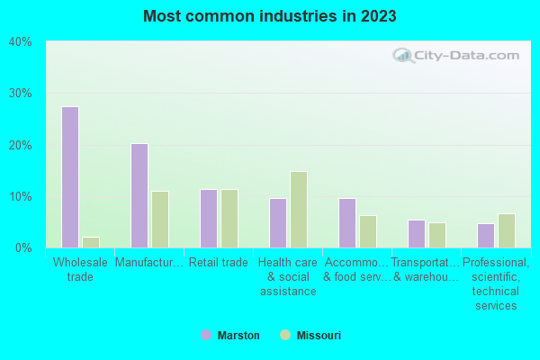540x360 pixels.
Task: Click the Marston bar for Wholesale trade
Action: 70,177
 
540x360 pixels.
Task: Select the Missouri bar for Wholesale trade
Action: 91,242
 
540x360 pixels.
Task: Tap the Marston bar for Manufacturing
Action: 139,195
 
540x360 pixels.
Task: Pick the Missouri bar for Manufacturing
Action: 160,219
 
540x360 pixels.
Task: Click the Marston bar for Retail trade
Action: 209,219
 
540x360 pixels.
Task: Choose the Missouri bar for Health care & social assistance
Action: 299,210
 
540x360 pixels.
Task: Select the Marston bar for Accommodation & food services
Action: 347,222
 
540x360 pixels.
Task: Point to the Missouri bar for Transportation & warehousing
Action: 437,235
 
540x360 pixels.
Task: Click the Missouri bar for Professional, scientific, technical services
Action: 507,230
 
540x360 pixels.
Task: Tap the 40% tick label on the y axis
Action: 20,41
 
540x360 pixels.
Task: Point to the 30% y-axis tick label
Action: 20,94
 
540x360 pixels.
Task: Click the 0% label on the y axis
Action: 23,247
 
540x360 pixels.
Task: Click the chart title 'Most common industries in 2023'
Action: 269,16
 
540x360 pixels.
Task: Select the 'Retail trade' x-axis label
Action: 218,263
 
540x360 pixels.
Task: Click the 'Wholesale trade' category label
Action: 80,269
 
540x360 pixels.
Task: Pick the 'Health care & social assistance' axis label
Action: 288,276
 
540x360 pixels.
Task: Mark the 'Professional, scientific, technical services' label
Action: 496,283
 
